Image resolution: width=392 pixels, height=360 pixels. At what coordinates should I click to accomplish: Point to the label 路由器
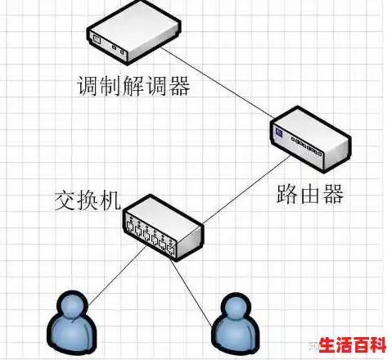pos(309,195)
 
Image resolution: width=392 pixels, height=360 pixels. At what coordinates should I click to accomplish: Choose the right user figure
pos(232,326)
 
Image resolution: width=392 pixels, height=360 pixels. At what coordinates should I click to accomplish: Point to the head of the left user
pos(72,306)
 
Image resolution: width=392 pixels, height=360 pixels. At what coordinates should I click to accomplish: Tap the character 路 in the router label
pos(286,195)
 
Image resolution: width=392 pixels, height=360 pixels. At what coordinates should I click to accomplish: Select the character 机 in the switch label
pos(111,199)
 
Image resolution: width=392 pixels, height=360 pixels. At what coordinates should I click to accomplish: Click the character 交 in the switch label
pos(65,199)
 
